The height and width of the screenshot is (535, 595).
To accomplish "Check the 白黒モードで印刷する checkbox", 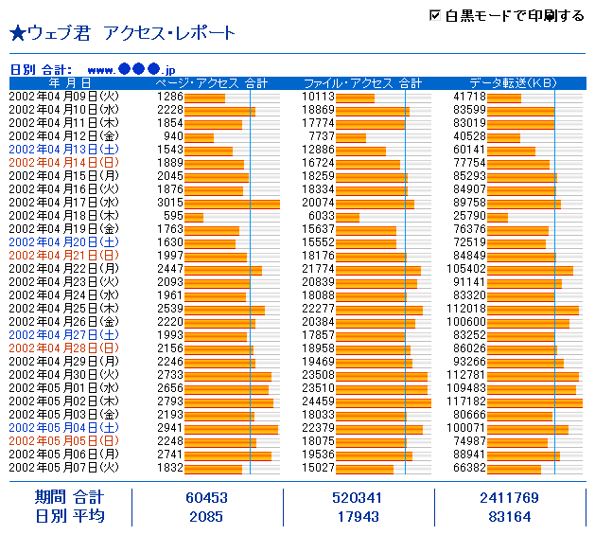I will [435, 15].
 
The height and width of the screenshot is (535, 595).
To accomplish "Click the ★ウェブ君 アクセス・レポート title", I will [122, 34].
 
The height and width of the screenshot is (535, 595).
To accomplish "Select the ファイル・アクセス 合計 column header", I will [362, 83].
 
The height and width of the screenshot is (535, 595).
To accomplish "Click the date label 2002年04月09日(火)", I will [64, 97].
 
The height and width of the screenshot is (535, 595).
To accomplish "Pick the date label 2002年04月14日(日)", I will [64, 163].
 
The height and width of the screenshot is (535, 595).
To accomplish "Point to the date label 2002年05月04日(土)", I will [64, 428].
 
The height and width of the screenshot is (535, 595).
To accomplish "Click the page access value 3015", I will [169, 203].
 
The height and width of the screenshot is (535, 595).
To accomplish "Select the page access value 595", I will [172, 216].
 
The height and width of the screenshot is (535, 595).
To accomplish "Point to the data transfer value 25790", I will [471, 216].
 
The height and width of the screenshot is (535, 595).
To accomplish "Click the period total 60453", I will [207, 498].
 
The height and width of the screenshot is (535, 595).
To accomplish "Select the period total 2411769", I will [510, 498].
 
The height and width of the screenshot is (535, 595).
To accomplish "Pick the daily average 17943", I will [359, 517].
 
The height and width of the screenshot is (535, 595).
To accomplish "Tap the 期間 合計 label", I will [69, 498].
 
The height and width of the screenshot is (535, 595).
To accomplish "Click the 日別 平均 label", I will [69, 517].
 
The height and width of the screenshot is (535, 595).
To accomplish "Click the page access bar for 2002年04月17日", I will [232, 203].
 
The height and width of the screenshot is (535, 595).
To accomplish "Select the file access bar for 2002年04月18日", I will [347, 216].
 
